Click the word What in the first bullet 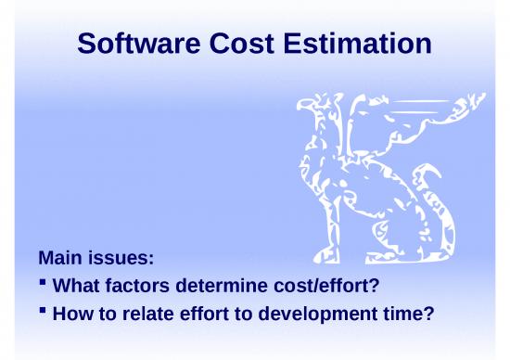point(76,284)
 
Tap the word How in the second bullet point(73,314)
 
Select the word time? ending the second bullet point(412,314)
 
